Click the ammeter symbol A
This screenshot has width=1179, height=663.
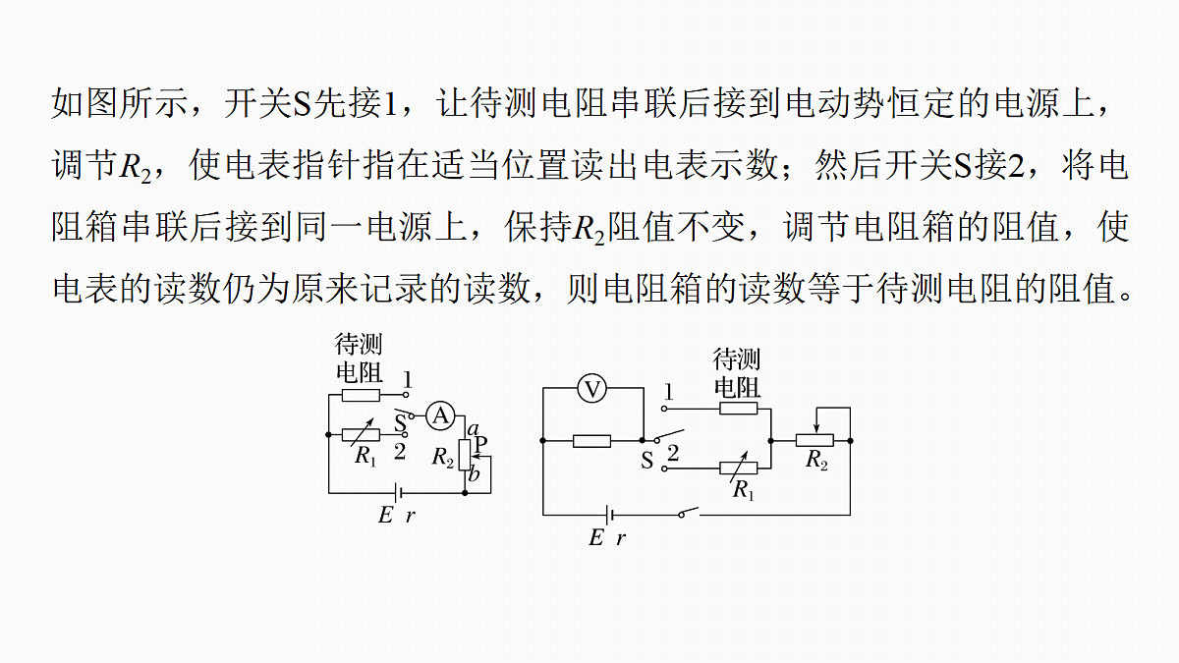point(440,415)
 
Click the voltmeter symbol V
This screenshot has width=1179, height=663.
point(592,389)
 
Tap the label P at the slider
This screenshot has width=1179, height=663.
point(480,444)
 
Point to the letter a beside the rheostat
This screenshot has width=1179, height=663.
point(474,429)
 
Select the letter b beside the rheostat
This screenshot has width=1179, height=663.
point(474,474)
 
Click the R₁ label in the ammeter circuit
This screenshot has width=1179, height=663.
point(365,456)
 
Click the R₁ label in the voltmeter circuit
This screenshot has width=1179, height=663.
point(743,490)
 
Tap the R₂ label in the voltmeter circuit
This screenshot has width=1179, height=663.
point(816,460)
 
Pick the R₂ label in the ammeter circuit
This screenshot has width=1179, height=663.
point(443,456)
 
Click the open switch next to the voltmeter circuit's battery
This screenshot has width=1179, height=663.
point(688,512)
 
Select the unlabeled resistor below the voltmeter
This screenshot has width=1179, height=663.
point(591,441)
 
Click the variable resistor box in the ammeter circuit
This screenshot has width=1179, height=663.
point(361,434)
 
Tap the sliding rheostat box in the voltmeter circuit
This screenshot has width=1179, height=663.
point(814,440)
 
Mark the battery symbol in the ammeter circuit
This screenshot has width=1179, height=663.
point(399,493)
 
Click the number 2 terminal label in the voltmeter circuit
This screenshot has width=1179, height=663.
point(673,453)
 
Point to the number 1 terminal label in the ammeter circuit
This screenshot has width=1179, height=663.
point(408,379)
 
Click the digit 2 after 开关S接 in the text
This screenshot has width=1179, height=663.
point(1015,165)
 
